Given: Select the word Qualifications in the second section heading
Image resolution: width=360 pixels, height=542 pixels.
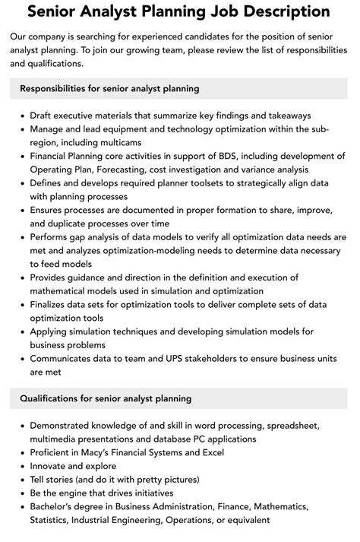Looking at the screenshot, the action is [x=58, y=398].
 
